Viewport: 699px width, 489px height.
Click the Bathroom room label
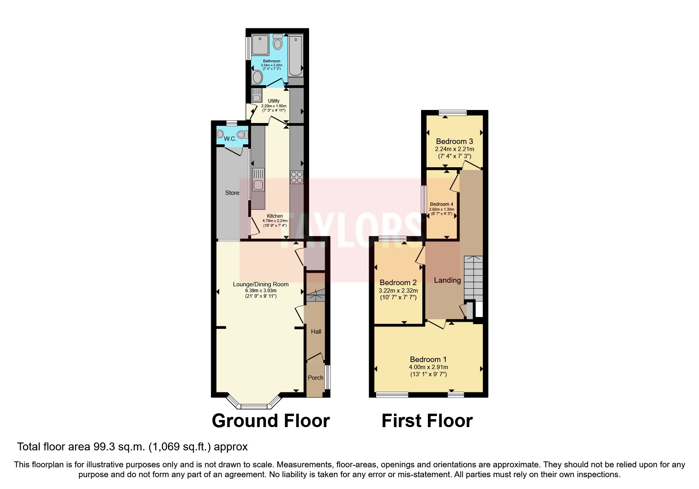tap(272, 61)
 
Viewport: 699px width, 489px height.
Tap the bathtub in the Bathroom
tap(295, 56)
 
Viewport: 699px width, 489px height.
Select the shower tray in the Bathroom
tap(260, 45)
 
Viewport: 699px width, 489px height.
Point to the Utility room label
tap(274, 101)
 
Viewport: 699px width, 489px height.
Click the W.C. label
tap(230, 139)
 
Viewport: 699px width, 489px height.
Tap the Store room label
tap(232, 193)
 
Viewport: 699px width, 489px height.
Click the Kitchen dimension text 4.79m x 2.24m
tap(275, 221)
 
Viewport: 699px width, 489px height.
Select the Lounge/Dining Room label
tap(260, 284)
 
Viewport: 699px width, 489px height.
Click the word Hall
tap(316, 332)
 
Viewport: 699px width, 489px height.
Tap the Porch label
tap(315, 378)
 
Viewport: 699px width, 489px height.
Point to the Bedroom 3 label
tap(454, 141)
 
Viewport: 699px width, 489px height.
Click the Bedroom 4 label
tap(442, 204)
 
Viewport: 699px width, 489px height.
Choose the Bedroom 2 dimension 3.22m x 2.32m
tap(398, 291)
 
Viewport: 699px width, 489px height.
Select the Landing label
tap(447, 280)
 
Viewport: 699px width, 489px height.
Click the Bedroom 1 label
tap(428, 359)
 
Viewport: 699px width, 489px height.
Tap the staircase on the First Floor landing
tap(473, 278)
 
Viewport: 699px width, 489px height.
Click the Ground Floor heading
tap(271, 421)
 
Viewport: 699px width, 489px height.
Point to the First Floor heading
tap(427, 421)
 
